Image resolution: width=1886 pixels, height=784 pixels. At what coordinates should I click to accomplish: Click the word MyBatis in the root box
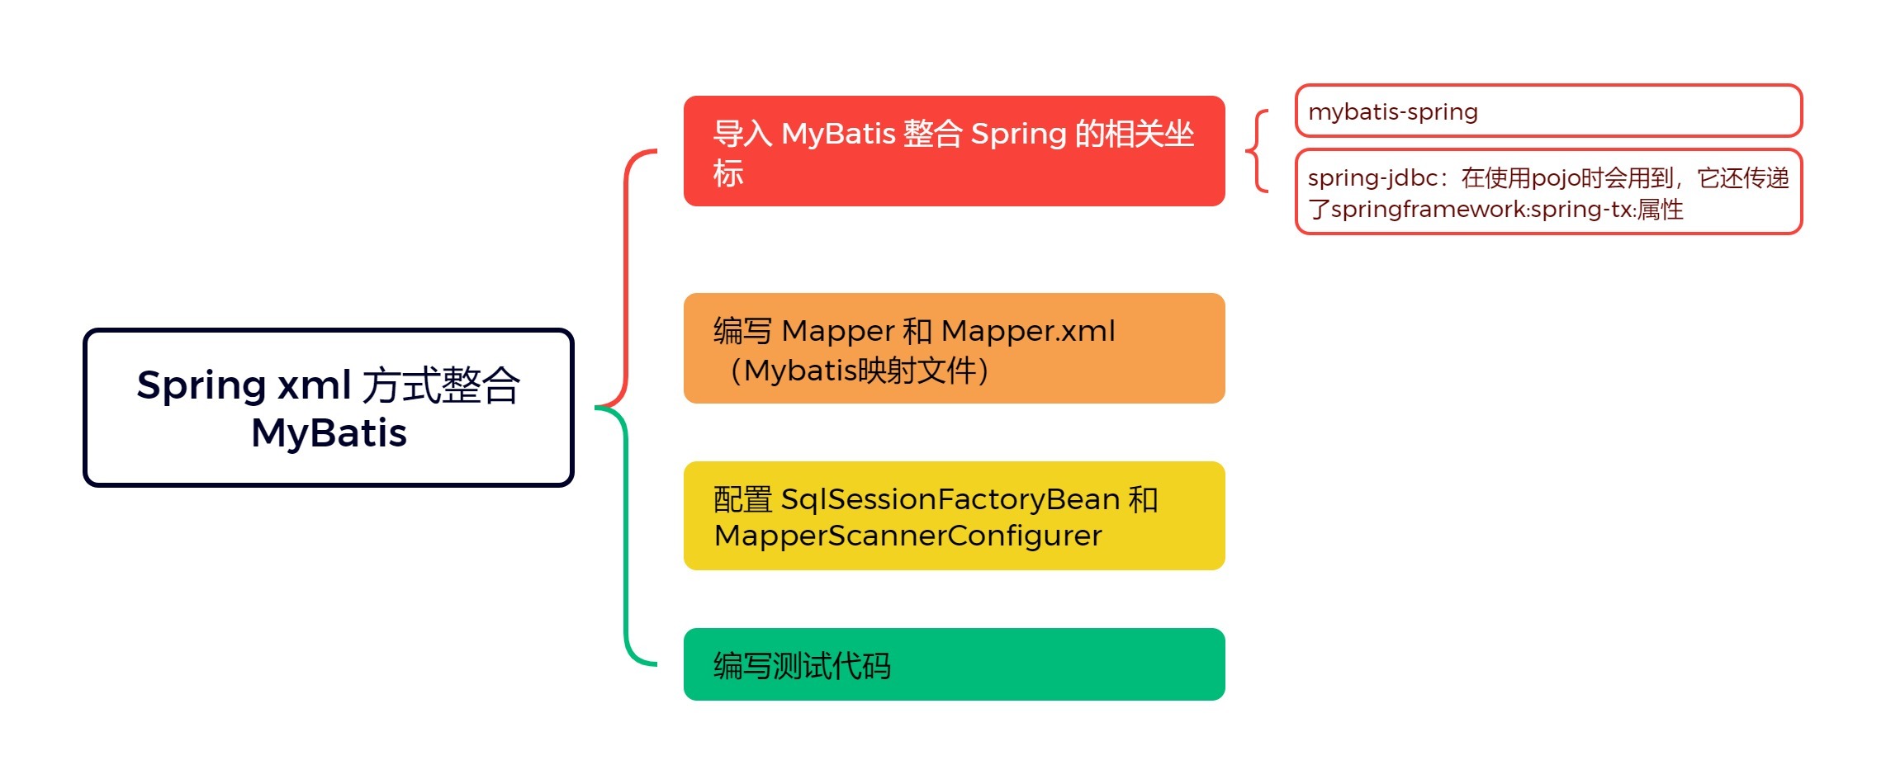point(329,432)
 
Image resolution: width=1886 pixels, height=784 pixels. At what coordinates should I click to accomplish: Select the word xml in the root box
point(314,385)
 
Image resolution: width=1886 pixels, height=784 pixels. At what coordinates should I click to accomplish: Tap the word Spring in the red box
point(1018,134)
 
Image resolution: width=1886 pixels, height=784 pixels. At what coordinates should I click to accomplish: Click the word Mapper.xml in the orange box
point(1028,331)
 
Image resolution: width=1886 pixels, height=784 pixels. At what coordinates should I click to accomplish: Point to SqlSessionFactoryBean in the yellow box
point(950,499)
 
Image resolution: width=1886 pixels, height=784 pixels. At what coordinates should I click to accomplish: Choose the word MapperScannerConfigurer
point(907,536)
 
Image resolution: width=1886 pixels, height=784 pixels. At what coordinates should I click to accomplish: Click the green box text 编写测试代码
point(802,665)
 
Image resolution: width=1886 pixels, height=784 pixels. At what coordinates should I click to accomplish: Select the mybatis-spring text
point(1393,111)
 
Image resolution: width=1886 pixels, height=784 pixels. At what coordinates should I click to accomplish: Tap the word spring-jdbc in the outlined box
point(1372,178)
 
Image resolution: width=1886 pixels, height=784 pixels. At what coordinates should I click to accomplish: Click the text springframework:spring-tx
point(1481,210)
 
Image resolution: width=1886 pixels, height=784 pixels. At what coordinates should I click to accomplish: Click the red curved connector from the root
point(627,272)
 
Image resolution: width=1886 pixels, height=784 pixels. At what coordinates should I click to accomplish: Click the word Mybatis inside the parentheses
point(800,371)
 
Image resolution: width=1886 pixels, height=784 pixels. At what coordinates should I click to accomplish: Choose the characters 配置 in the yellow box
point(742,499)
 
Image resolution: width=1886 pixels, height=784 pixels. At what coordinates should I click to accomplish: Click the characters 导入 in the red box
point(742,134)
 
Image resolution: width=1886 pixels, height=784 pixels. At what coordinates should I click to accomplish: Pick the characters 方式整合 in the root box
point(442,385)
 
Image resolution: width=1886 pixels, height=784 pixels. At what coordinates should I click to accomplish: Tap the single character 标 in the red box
point(728,173)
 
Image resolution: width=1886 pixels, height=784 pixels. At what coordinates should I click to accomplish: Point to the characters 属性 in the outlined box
point(1660,210)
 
